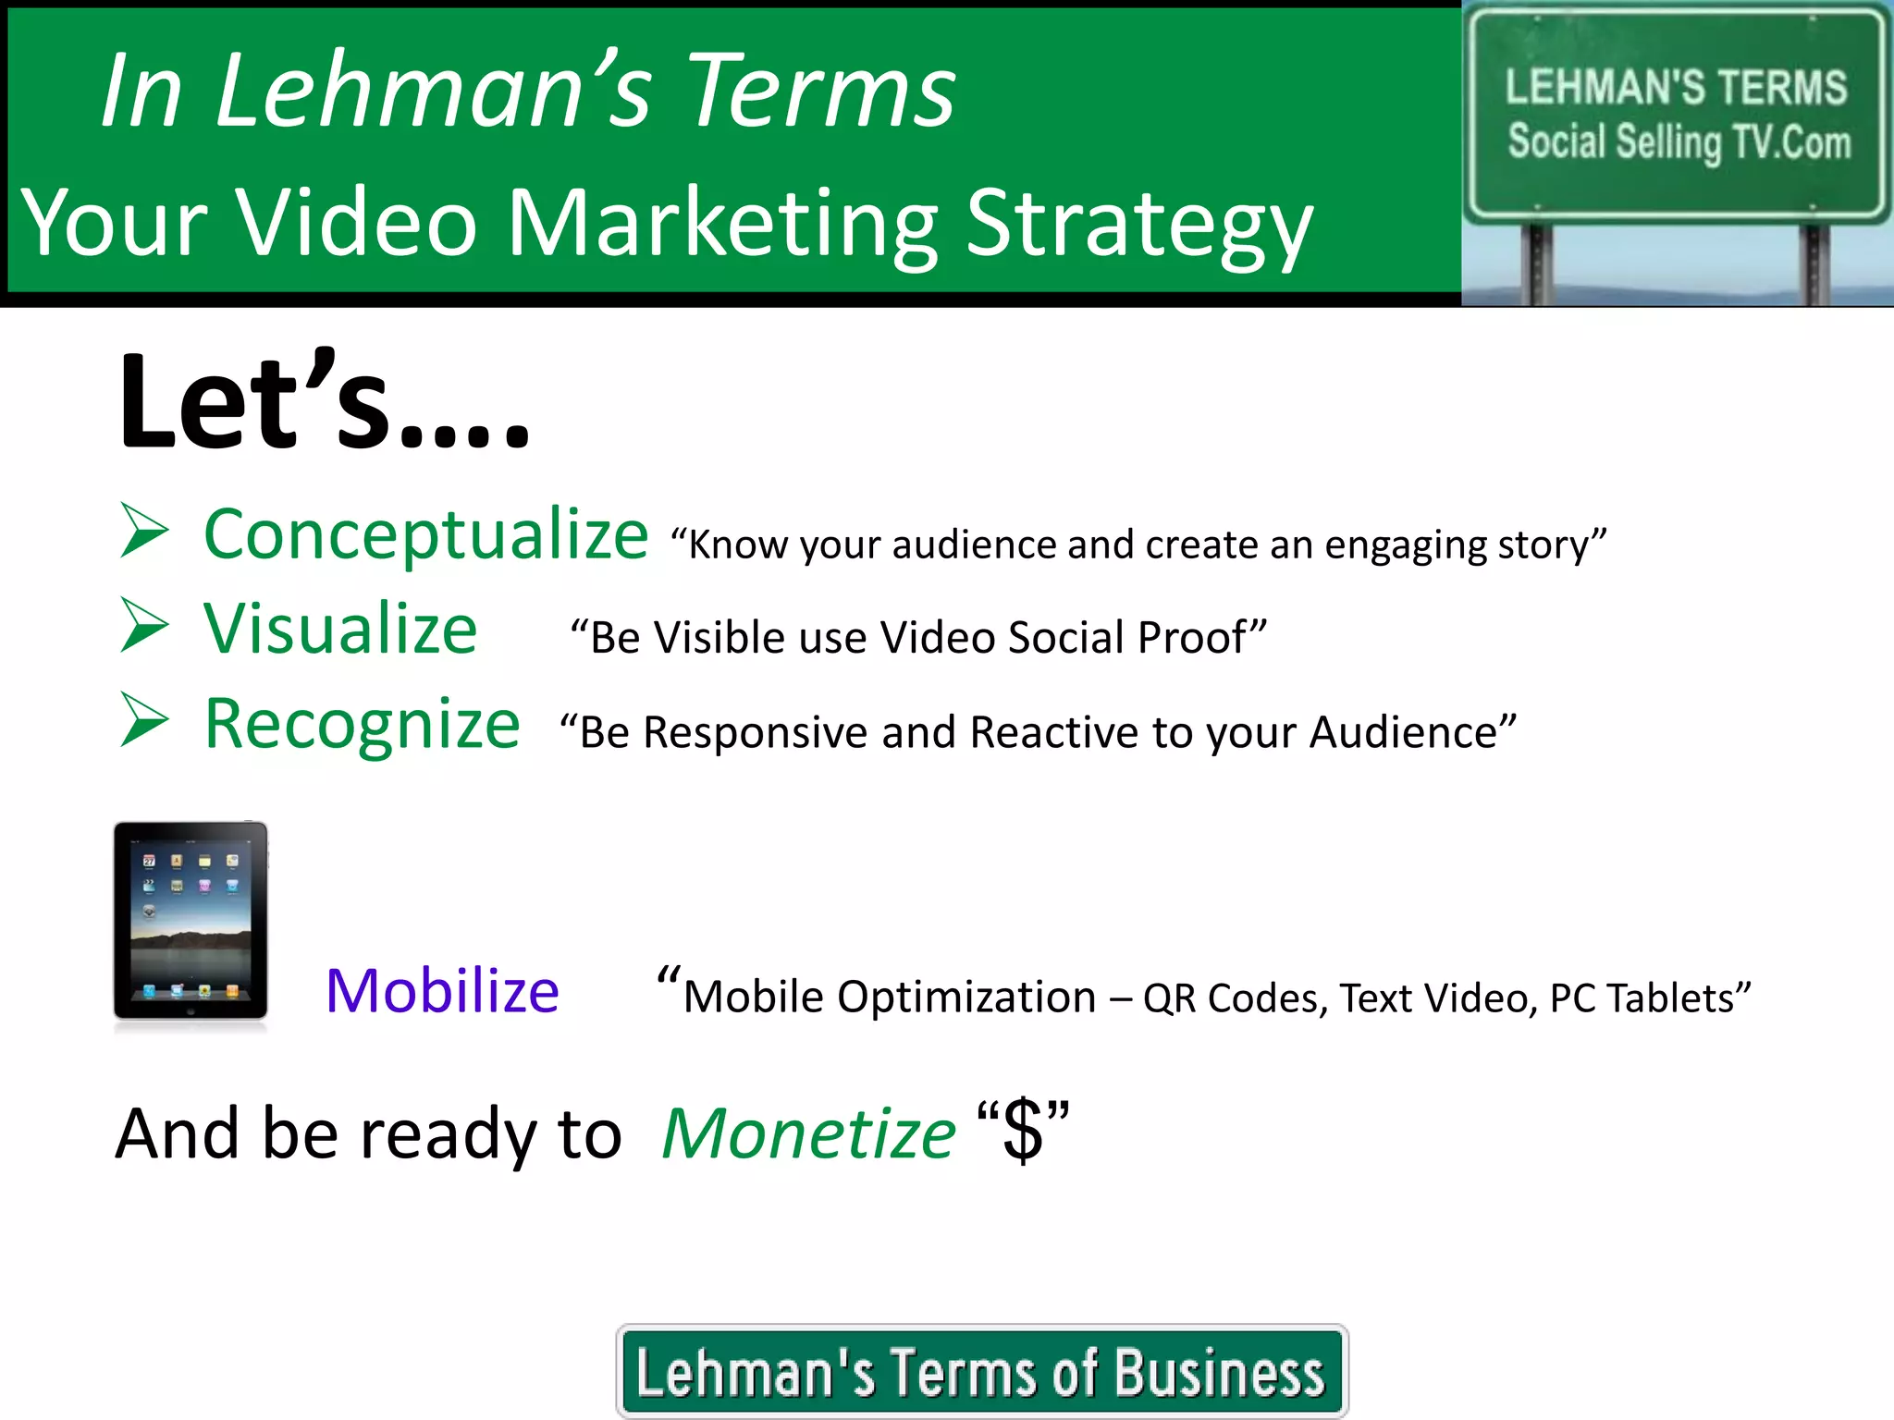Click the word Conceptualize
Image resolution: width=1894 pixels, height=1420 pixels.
[x=425, y=535]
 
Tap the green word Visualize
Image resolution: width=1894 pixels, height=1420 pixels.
[x=340, y=630]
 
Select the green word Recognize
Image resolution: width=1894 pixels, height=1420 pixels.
[x=362, y=725]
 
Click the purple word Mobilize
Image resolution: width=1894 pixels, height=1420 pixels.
[x=442, y=992]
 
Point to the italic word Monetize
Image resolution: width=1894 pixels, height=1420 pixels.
[x=808, y=1134]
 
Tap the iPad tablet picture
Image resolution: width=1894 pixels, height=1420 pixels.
[x=191, y=921]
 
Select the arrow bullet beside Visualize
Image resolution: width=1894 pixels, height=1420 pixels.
[x=144, y=626]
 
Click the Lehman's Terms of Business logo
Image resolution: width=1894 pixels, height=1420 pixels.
[x=981, y=1372]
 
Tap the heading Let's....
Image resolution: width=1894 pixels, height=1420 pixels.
[x=324, y=402]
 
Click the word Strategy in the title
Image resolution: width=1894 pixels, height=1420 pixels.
[x=1138, y=225]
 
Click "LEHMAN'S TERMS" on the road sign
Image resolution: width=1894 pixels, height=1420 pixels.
[x=1676, y=87]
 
